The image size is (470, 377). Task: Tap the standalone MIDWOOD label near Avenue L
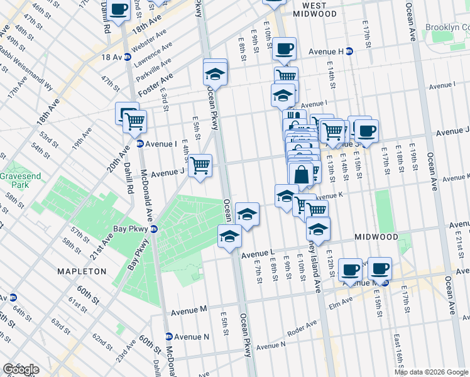click(x=376, y=237)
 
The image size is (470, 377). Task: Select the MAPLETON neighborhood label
click(x=82, y=271)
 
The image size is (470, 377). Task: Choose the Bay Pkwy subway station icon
click(x=153, y=229)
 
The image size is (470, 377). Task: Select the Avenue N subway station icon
click(x=168, y=337)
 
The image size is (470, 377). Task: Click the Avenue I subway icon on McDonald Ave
click(x=140, y=144)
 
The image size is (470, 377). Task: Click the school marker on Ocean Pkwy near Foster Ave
click(x=215, y=74)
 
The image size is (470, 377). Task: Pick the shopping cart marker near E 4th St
click(x=200, y=166)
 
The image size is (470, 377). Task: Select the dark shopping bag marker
click(x=302, y=175)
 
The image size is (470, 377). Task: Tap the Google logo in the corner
click(x=21, y=369)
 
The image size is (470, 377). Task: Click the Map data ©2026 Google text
click(x=430, y=372)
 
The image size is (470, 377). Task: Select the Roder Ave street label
click(x=302, y=327)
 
